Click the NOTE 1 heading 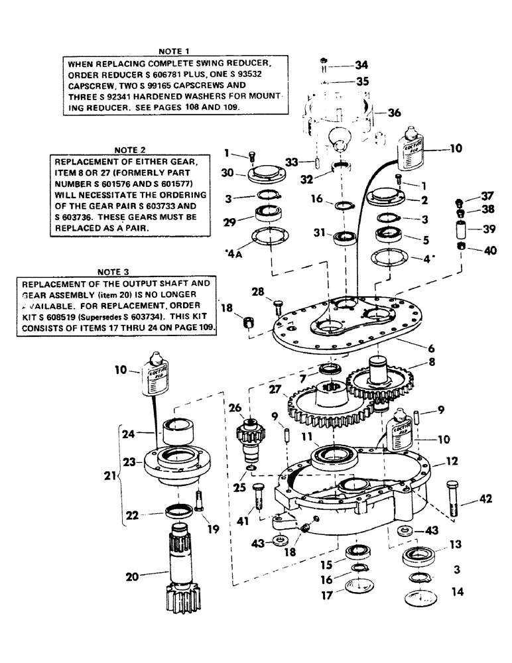tap(174, 50)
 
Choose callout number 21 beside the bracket tap(109, 476)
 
